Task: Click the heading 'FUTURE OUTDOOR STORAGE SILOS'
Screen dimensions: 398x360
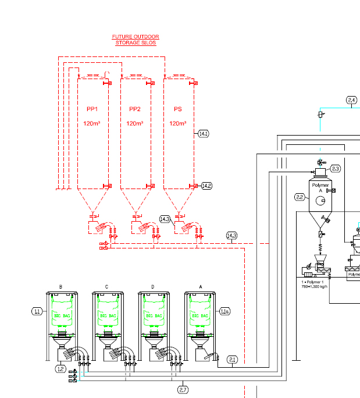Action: pyautogui.click(x=135, y=40)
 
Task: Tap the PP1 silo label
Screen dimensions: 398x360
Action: pyautogui.click(x=92, y=109)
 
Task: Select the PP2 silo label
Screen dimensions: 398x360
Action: pyautogui.click(x=135, y=109)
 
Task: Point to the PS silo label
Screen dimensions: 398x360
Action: pyautogui.click(x=177, y=109)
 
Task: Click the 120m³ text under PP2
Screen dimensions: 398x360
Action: pyautogui.click(x=135, y=123)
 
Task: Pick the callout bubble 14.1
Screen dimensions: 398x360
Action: pyautogui.click(x=203, y=134)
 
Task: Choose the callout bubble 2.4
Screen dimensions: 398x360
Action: pyautogui.click(x=351, y=101)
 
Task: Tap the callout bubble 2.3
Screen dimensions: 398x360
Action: pyautogui.click(x=336, y=169)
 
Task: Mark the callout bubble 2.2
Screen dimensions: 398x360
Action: pyautogui.click(x=300, y=197)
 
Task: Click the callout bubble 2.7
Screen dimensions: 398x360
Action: pyautogui.click(x=183, y=389)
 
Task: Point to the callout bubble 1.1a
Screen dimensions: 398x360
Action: pyautogui.click(x=225, y=312)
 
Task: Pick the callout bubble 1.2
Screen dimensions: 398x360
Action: pyautogui.click(x=60, y=368)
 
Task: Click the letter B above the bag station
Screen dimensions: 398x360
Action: pyautogui.click(x=60, y=287)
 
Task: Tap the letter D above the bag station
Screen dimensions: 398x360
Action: pyautogui.click(x=153, y=287)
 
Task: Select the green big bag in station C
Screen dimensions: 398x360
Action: pyautogui.click(x=106, y=314)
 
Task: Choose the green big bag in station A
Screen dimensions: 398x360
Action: pyautogui.click(x=199, y=314)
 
